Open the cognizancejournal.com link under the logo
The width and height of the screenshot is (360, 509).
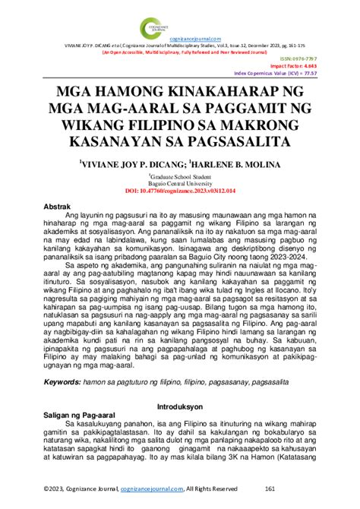click(x=194, y=39)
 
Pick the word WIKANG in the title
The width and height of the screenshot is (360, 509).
click(x=95, y=126)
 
